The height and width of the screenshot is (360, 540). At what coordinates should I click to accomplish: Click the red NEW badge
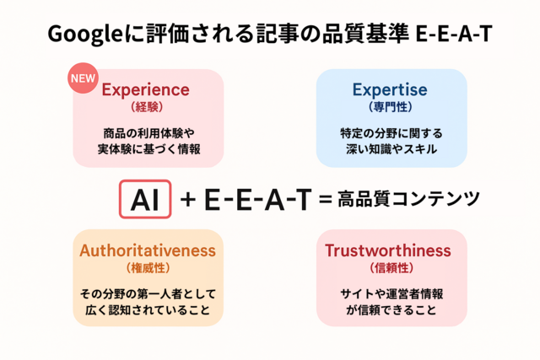click(83, 78)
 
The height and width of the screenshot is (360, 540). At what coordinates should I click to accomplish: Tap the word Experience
click(145, 90)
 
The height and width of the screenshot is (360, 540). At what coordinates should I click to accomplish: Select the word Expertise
click(390, 90)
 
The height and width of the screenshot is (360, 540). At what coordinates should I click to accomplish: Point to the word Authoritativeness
click(148, 250)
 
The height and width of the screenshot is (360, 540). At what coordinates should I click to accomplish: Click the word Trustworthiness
click(388, 250)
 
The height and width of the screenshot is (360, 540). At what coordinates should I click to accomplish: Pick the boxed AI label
click(145, 199)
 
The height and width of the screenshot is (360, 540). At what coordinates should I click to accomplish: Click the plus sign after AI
click(188, 199)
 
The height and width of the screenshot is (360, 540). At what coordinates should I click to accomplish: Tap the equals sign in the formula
click(326, 199)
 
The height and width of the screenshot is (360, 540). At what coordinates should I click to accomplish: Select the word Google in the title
click(85, 35)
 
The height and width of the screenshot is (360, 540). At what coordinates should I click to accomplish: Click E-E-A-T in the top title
click(454, 34)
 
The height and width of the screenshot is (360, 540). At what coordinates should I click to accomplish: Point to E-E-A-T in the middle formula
click(258, 199)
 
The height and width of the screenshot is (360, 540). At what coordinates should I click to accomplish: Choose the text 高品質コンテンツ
click(408, 199)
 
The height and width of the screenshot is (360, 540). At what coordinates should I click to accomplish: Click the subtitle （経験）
click(147, 107)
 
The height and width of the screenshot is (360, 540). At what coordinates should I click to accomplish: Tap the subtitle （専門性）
click(390, 107)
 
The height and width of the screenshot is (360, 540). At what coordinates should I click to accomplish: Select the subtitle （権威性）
click(148, 268)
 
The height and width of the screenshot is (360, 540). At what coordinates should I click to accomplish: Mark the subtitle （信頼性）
click(391, 268)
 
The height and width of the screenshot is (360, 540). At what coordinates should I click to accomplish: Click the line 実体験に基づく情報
click(148, 149)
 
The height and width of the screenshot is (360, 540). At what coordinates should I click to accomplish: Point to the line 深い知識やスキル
click(391, 149)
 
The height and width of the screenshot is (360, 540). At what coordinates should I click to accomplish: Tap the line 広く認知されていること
click(148, 309)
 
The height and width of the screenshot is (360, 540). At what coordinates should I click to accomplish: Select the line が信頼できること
click(391, 309)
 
